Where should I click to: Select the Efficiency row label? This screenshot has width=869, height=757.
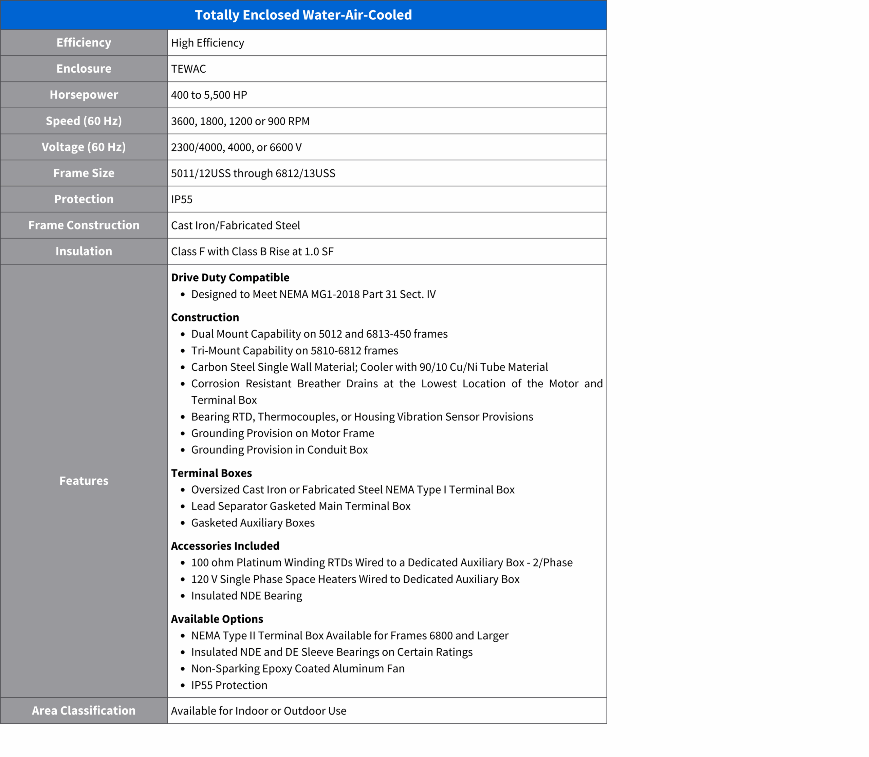[x=84, y=43]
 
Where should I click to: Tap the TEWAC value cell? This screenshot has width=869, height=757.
[x=188, y=69]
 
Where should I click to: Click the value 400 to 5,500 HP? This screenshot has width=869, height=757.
[x=209, y=95]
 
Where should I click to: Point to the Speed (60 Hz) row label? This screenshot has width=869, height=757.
[x=84, y=121]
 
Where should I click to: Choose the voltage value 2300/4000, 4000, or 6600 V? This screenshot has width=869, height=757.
[x=236, y=147]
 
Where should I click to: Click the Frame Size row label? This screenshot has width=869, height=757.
[x=84, y=173]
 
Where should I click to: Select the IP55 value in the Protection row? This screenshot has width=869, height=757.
[x=182, y=199]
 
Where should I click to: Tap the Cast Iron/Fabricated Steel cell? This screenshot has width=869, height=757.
[x=235, y=226]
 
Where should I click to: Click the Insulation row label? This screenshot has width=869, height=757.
[x=84, y=251]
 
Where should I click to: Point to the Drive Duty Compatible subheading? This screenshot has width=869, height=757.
[x=230, y=278]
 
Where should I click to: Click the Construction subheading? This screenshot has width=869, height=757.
[x=205, y=317]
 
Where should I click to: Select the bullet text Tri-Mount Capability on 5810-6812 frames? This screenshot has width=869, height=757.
[x=294, y=351]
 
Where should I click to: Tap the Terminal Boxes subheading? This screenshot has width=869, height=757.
[x=211, y=473]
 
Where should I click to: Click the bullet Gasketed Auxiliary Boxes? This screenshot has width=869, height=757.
[x=253, y=523]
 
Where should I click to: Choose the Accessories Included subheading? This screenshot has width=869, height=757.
[x=225, y=546]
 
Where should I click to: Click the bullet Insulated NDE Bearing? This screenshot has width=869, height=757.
[x=246, y=596]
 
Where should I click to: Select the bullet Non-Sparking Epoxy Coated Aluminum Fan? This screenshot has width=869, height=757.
[x=297, y=669]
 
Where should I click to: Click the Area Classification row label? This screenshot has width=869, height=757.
[x=84, y=711]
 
